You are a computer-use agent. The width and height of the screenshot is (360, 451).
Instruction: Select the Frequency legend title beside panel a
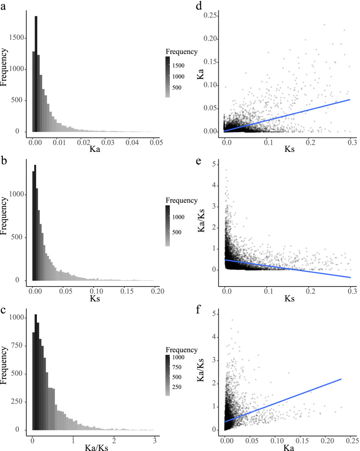[182, 51]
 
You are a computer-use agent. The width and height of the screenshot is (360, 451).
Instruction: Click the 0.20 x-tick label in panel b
[155, 293]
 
